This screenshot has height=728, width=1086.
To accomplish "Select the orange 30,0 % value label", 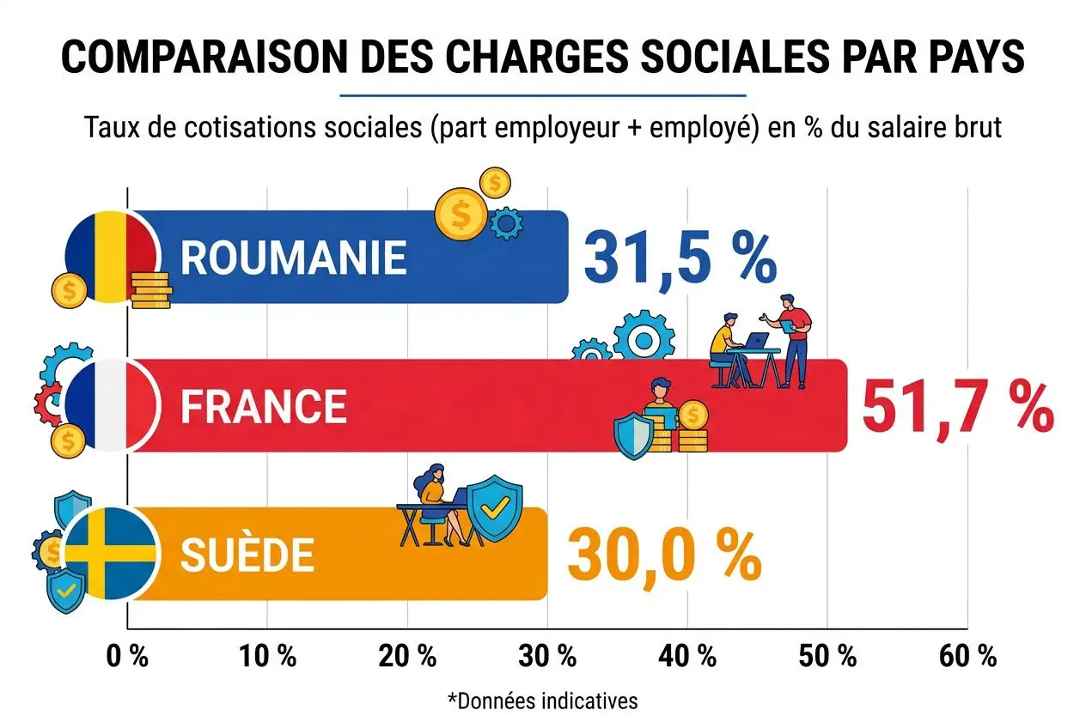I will click(663, 555).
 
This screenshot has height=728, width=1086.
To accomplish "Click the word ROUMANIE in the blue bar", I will click(293, 257).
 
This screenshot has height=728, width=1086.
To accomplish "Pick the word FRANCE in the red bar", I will click(264, 406).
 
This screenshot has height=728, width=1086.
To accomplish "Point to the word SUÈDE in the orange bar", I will click(247, 556).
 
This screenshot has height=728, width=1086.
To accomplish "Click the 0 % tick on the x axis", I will click(127, 658).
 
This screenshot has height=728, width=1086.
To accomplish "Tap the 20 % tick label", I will click(407, 658).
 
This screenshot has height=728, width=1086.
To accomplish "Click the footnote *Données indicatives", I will click(543, 701).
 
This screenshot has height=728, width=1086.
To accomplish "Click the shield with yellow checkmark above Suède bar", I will click(494, 508).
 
